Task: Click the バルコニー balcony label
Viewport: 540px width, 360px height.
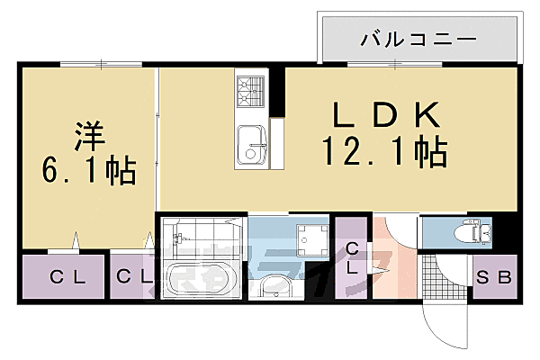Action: click(x=418, y=40)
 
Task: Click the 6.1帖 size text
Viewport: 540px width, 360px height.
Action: click(x=89, y=169)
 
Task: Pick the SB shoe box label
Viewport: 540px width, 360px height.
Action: click(x=494, y=277)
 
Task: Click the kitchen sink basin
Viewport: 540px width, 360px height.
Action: click(x=251, y=144)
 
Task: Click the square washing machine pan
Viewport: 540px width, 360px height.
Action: click(x=311, y=240)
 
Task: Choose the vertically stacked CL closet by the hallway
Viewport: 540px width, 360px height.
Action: click(x=352, y=258)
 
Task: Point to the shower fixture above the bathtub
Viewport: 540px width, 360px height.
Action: click(x=178, y=238)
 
